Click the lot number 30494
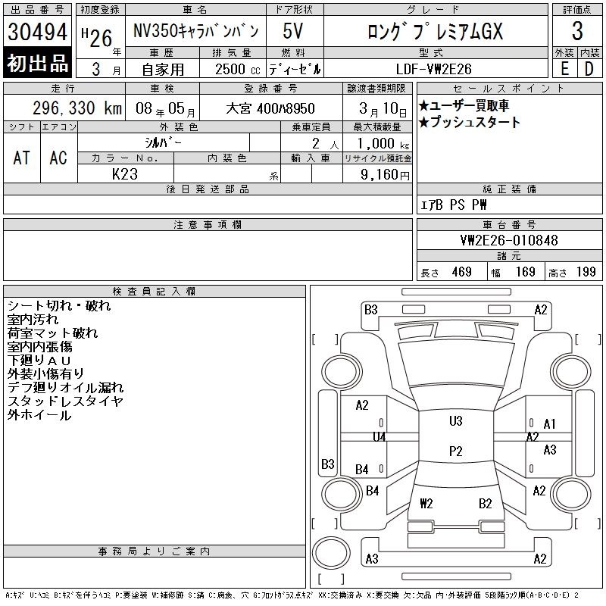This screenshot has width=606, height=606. [37, 32]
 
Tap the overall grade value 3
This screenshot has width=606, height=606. [577, 31]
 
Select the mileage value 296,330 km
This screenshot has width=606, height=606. [77, 108]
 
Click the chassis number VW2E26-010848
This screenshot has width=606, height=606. [509, 240]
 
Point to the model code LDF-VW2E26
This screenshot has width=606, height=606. [433, 69]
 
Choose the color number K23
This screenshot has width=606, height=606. [125, 174]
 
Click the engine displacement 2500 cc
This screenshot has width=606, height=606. [238, 70]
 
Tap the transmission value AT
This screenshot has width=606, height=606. [22, 158]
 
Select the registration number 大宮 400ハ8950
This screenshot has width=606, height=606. [270, 108]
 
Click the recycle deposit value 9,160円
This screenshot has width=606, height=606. [385, 175]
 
